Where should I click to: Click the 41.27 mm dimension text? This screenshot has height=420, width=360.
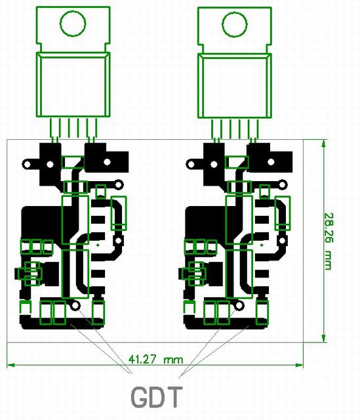coord(156,359)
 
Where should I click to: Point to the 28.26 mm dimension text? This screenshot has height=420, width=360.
coord(328,241)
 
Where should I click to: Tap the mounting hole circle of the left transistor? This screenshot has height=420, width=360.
coord(73,24)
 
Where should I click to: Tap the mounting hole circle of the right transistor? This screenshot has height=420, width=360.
coord(235,24)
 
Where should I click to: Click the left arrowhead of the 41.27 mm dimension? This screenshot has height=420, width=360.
coord(10,365)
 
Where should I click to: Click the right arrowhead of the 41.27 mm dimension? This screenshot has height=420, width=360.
coord(300,365)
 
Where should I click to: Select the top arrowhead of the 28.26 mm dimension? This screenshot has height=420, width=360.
coord(324,143)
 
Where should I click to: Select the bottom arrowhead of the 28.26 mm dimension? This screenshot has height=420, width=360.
coord(324,339)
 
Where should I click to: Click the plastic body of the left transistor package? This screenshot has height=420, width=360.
coord(73,85)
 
